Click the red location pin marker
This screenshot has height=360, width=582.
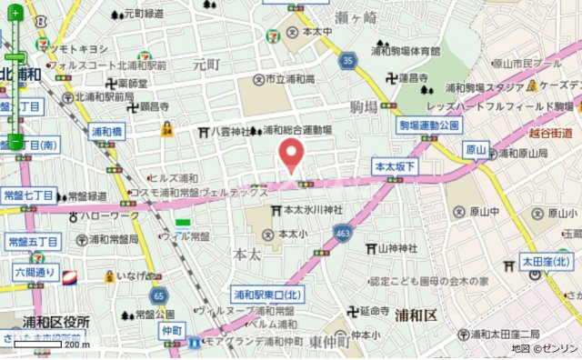coord(290,155)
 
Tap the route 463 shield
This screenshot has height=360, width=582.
coord(342,234)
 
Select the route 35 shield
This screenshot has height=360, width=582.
coord(347,60)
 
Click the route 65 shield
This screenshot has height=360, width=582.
coord(159,295)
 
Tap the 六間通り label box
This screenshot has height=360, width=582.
coord(35,272)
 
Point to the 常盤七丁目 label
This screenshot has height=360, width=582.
coord(30,195)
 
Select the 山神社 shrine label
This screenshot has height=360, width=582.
coord(393,248)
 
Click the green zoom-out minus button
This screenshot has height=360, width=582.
coord(15,141)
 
